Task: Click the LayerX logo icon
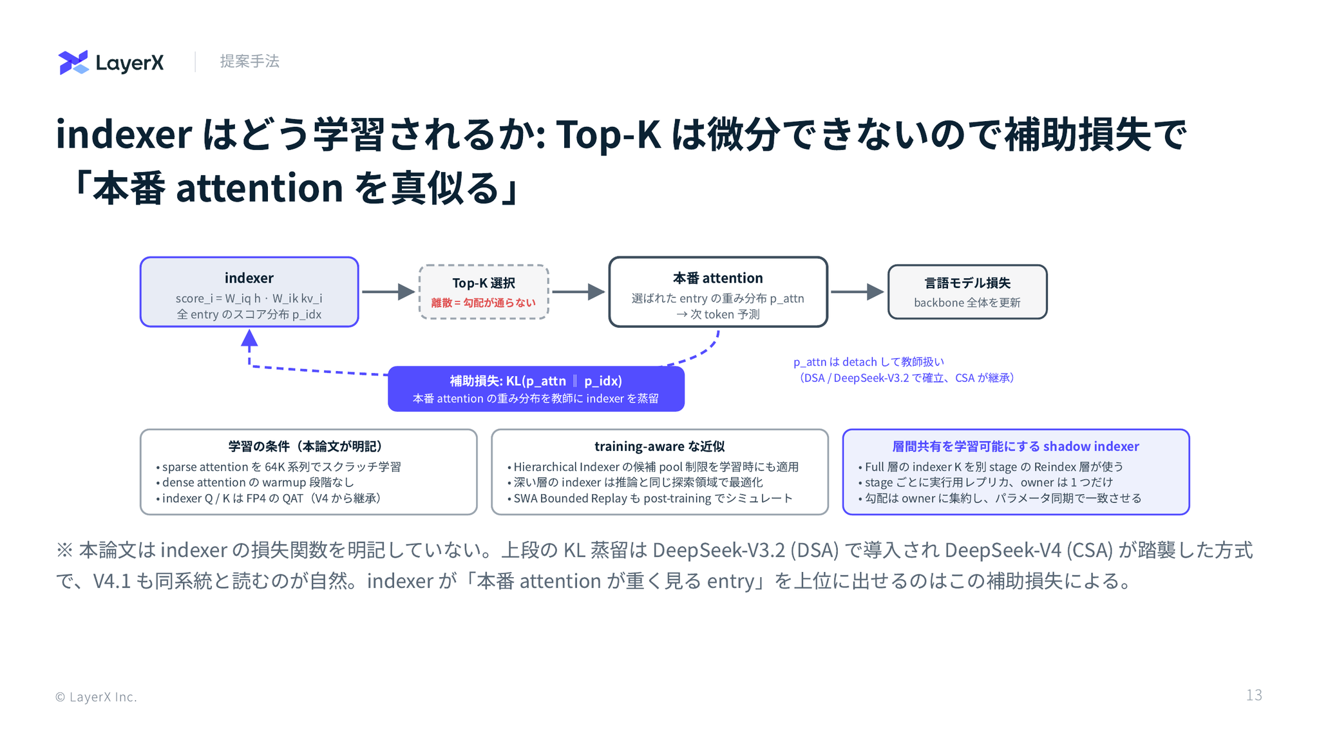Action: click(73, 62)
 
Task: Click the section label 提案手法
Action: click(249, 61)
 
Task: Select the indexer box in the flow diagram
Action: click(249, 292)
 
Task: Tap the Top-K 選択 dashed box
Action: click(484, 292)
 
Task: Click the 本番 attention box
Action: click(718, 292)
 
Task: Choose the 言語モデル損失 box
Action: click(967, 292)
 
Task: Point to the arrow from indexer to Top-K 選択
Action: click(388, 292)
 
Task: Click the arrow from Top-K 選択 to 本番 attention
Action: click(578, 292)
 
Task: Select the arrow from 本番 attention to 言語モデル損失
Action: click(857, 292)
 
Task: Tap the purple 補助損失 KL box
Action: click(536, 389)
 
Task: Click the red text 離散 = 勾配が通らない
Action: click(483, 303)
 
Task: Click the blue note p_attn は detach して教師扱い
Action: click(869, 362)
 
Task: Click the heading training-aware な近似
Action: click(659, 446)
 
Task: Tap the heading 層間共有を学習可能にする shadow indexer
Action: click(1016, 446)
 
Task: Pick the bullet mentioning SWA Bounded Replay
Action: click(650, 499)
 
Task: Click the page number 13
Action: click(1254, 695)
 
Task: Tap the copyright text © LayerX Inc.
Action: click(96, 697)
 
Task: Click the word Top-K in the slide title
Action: click(608, 135)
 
